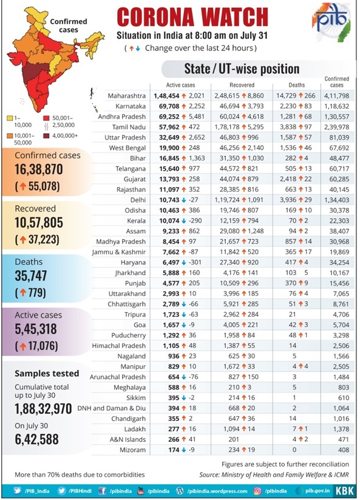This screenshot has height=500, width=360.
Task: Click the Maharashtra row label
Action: pyautogui.click(x=126, y=95)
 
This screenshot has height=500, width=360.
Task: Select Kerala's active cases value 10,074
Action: pyautogui.click(x=169, y=221)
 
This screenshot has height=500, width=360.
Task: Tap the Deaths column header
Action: pyautogui.click(x=297, y=85)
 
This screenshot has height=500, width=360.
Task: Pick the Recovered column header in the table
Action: pyautogui.click(x=242, y=85)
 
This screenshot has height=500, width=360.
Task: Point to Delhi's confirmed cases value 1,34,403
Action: pyautogui.click(x=336, y=200)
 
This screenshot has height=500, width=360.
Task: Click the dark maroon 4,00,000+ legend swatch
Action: pyautogui.click(x=46, y=136)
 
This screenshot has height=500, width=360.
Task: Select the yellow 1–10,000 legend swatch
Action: pyautogui.click(x=10, y=118)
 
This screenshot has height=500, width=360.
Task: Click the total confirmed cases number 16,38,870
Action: pyautogui.click(x=38, y=170)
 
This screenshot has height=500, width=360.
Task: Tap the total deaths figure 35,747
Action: pyautogui.click(x=31, y=276)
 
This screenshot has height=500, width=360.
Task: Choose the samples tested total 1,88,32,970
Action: pyautogui.click(x=43, y=409)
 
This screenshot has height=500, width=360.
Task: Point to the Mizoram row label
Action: pyautogui.click(x=132, y=450)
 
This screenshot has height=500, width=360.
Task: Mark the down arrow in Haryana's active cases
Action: pyautogui.click(x=184, y=262)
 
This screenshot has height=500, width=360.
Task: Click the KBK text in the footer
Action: pyautogui.click(x=344, y=491)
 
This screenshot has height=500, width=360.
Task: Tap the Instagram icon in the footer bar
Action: pyautogui.click(x=257, y=491)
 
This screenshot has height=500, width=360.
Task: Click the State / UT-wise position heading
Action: pyautogui.click(x=242, y=69)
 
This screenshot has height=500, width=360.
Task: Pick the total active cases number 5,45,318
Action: pyautogui.click(x=36, y=329)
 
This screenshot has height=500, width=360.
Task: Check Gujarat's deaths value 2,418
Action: pyautogui.click(x=288, y=179)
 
